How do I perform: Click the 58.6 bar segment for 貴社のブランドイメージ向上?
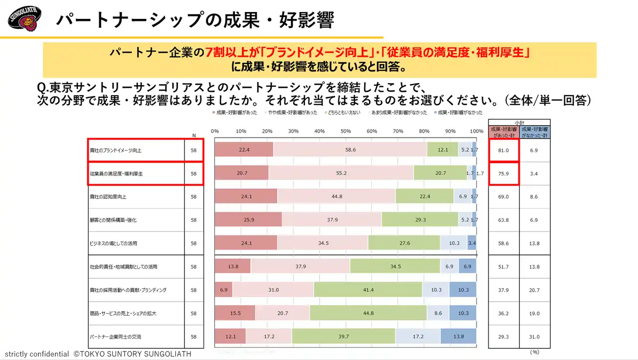[x=350, y=150]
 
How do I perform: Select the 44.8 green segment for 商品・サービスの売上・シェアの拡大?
[x=368, y=313]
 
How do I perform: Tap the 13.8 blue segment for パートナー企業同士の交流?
[x=458, y=337]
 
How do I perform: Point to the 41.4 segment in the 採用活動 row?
[x=368, y=290]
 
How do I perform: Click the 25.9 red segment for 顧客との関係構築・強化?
[x=248, y=220]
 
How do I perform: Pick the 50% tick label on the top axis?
[x=345, y=131]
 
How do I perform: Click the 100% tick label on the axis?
[x=477, y=131]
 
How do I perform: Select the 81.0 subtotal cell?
[x=503, y=150]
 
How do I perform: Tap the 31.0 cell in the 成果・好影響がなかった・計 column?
[x=534, y=337]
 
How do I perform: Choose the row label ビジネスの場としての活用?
[x=113, y=243]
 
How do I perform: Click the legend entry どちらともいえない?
[x=344, y=113]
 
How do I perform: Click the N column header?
[x=194, y=135]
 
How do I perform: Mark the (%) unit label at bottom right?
[x=535, y=352]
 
